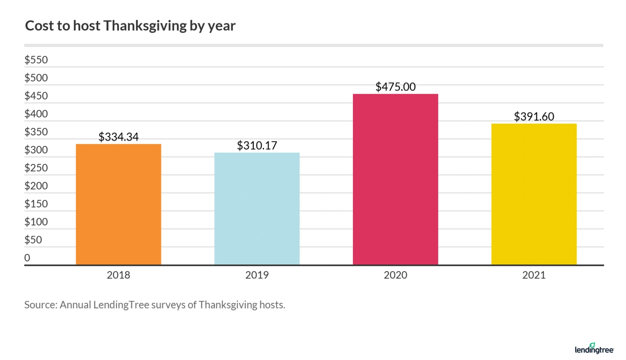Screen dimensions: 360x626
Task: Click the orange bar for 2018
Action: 119,204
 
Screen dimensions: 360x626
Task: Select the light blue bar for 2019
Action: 257,209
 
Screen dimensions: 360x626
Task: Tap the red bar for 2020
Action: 395,179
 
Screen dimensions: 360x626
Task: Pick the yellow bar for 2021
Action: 534,194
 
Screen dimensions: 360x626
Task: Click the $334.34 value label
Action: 119,137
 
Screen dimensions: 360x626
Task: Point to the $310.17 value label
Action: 257,146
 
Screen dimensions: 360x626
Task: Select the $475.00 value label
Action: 395,87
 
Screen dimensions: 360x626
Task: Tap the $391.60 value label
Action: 534,117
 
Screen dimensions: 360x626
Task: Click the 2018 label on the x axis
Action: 119,275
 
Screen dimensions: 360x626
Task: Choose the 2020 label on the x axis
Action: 395,275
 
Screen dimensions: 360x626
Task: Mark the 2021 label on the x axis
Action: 534,275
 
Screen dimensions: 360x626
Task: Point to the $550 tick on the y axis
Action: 36,60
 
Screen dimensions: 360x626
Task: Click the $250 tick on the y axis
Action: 36,168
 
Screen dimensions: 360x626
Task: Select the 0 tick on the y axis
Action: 27,258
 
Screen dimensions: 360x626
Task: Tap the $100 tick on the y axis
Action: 36,222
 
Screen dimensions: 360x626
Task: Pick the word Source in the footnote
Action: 40,305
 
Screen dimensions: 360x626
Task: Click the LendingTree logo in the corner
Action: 594,349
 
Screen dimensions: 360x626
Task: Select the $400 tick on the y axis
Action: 36,114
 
